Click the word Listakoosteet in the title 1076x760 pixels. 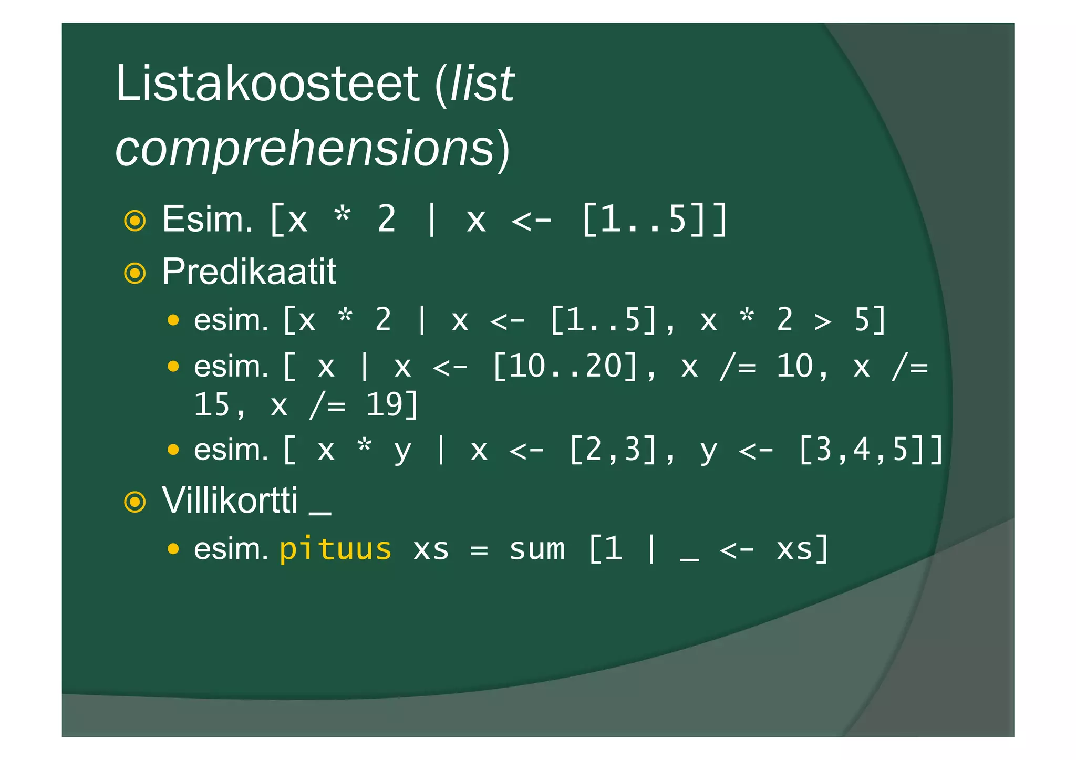pyautogui.click(x=267, y=84)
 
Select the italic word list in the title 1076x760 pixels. pyautogui.click(x=482, y=84)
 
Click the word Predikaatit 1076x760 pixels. pyautogui.click(x=249, y=272)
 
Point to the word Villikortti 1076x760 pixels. pyautogui.click(x=230, y=501)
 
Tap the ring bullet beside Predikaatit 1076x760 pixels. pyautogui.click(x=135, y=273)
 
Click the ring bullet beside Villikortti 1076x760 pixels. pyautogui.click(x=135, y=502)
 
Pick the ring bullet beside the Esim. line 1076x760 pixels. pyautogui.click(x=135, y=221)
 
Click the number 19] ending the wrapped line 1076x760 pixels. pyautogui.click(x=392, y=405)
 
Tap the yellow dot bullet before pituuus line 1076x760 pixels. pyautogui.click(x=173, y=549)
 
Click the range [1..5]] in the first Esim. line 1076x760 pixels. pyautogui.click(x=654, y=220)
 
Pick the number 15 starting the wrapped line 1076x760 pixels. pyautogui.click(x=212, y=405)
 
